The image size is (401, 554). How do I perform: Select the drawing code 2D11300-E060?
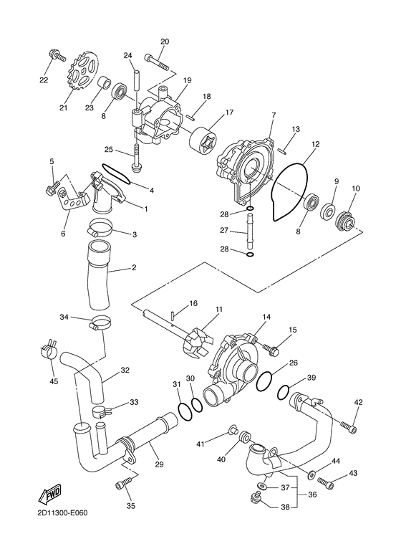[62, 513]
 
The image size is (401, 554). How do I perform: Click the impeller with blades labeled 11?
[200, 344]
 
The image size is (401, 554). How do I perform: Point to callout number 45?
[54, 381]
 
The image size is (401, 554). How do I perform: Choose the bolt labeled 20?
[157, 62]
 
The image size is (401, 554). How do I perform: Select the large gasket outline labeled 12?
[289, 191]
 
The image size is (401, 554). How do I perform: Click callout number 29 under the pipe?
[159, 464]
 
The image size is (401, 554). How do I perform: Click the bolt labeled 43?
[326, 483]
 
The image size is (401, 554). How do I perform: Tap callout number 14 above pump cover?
[266, 317]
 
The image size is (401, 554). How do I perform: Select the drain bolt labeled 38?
[254, 498]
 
